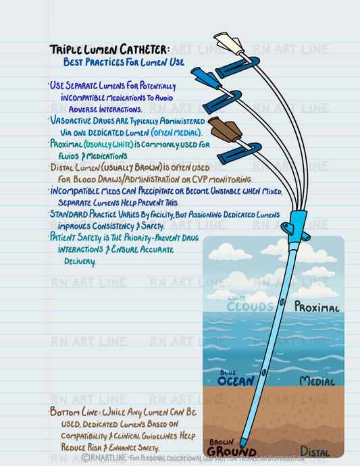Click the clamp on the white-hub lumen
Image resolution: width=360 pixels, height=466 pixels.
pos(238,66)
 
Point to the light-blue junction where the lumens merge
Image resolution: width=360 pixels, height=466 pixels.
pos(295,227)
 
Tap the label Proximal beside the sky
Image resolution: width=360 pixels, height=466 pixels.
pos(316,307)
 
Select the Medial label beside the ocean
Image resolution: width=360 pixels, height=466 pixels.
pos(317,382)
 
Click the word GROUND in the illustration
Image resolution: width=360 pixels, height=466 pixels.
pos(231,451)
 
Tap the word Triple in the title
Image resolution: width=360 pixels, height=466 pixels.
pos(67,50)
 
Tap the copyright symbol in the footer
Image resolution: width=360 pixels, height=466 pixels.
pos(86,458)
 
